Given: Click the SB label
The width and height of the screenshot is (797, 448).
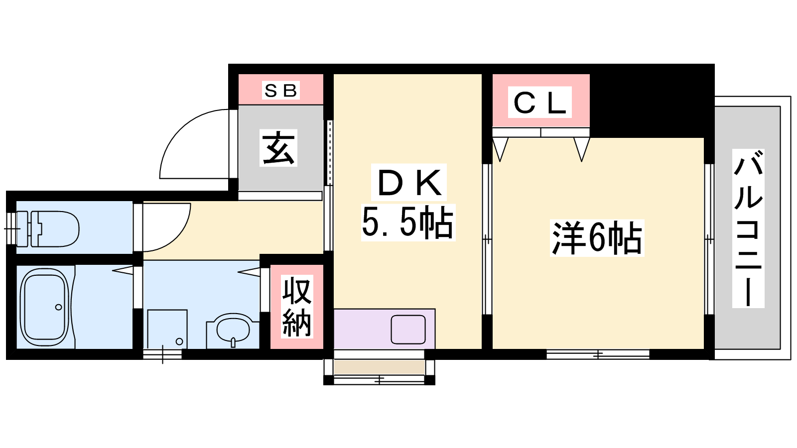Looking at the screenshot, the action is pos(280,91).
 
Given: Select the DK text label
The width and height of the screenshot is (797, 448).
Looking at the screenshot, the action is pos(409,182).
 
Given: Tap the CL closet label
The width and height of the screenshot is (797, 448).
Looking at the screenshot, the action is pos(540,102).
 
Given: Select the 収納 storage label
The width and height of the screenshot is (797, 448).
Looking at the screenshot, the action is pos(297,307).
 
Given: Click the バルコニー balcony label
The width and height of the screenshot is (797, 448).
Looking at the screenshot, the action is pos(748,228).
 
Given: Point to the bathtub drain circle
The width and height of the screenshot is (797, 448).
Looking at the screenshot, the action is pos(58,307).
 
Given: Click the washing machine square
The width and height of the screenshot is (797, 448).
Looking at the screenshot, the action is pos(167,329).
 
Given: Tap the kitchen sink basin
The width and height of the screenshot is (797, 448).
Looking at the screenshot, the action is pos(408,329).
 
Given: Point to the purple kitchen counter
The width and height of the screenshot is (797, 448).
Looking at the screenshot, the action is pos(384,329).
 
